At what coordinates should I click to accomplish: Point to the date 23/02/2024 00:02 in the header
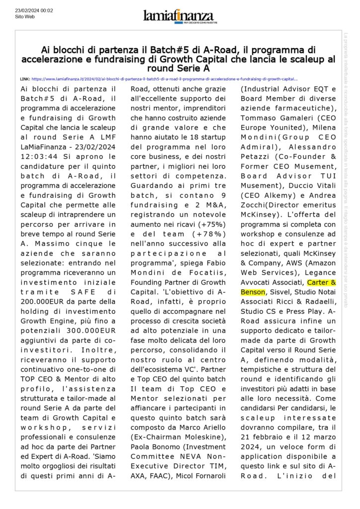tap(34, 10)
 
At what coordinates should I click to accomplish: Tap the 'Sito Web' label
tap(24, 16)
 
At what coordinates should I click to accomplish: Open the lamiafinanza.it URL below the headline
tap(165, 79)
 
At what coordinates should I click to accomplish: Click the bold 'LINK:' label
tap(25, 79)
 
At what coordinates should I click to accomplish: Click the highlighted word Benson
tap(253, 292)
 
